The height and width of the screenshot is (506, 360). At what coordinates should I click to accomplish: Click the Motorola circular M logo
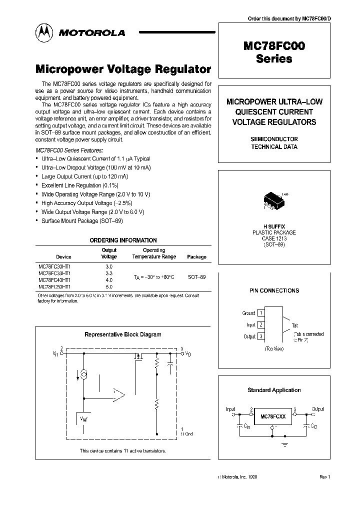(44, 32)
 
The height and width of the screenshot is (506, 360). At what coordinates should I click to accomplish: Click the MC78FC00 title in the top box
(274, 46)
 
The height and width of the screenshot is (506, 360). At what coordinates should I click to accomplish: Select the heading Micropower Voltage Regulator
(123, 69)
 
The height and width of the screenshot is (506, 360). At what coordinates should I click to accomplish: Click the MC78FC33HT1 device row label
(54, 273)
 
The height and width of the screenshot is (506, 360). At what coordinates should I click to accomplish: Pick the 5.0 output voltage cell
(109, 287)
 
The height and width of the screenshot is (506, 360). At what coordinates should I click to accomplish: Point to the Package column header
(196, 257)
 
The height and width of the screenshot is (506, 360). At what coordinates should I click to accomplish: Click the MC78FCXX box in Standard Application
(272, 415)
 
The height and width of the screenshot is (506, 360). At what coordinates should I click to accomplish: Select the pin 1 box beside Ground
(261, 313)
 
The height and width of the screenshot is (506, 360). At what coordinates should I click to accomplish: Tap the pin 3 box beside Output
(261, 336)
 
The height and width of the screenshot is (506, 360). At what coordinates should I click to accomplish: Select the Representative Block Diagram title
(123, 334)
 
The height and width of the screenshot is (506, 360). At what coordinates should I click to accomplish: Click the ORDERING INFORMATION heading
(123, 240)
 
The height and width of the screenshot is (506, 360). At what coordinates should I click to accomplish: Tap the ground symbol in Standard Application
(285, 443)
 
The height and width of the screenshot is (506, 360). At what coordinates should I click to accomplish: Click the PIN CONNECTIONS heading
(274, 290)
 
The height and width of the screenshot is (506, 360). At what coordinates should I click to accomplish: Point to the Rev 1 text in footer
(325, 477)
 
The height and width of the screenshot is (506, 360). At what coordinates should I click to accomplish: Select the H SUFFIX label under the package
(274, 226)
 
